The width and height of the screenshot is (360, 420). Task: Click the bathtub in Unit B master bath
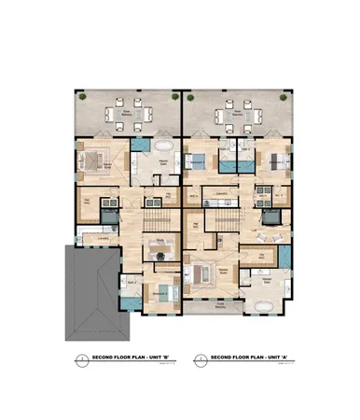click(162, 148)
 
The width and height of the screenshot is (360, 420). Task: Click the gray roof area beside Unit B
click(89, 294)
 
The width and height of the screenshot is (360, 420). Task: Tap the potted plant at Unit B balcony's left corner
click(80, 97)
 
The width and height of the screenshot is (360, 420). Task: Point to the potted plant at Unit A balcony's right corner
click(284, 97)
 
